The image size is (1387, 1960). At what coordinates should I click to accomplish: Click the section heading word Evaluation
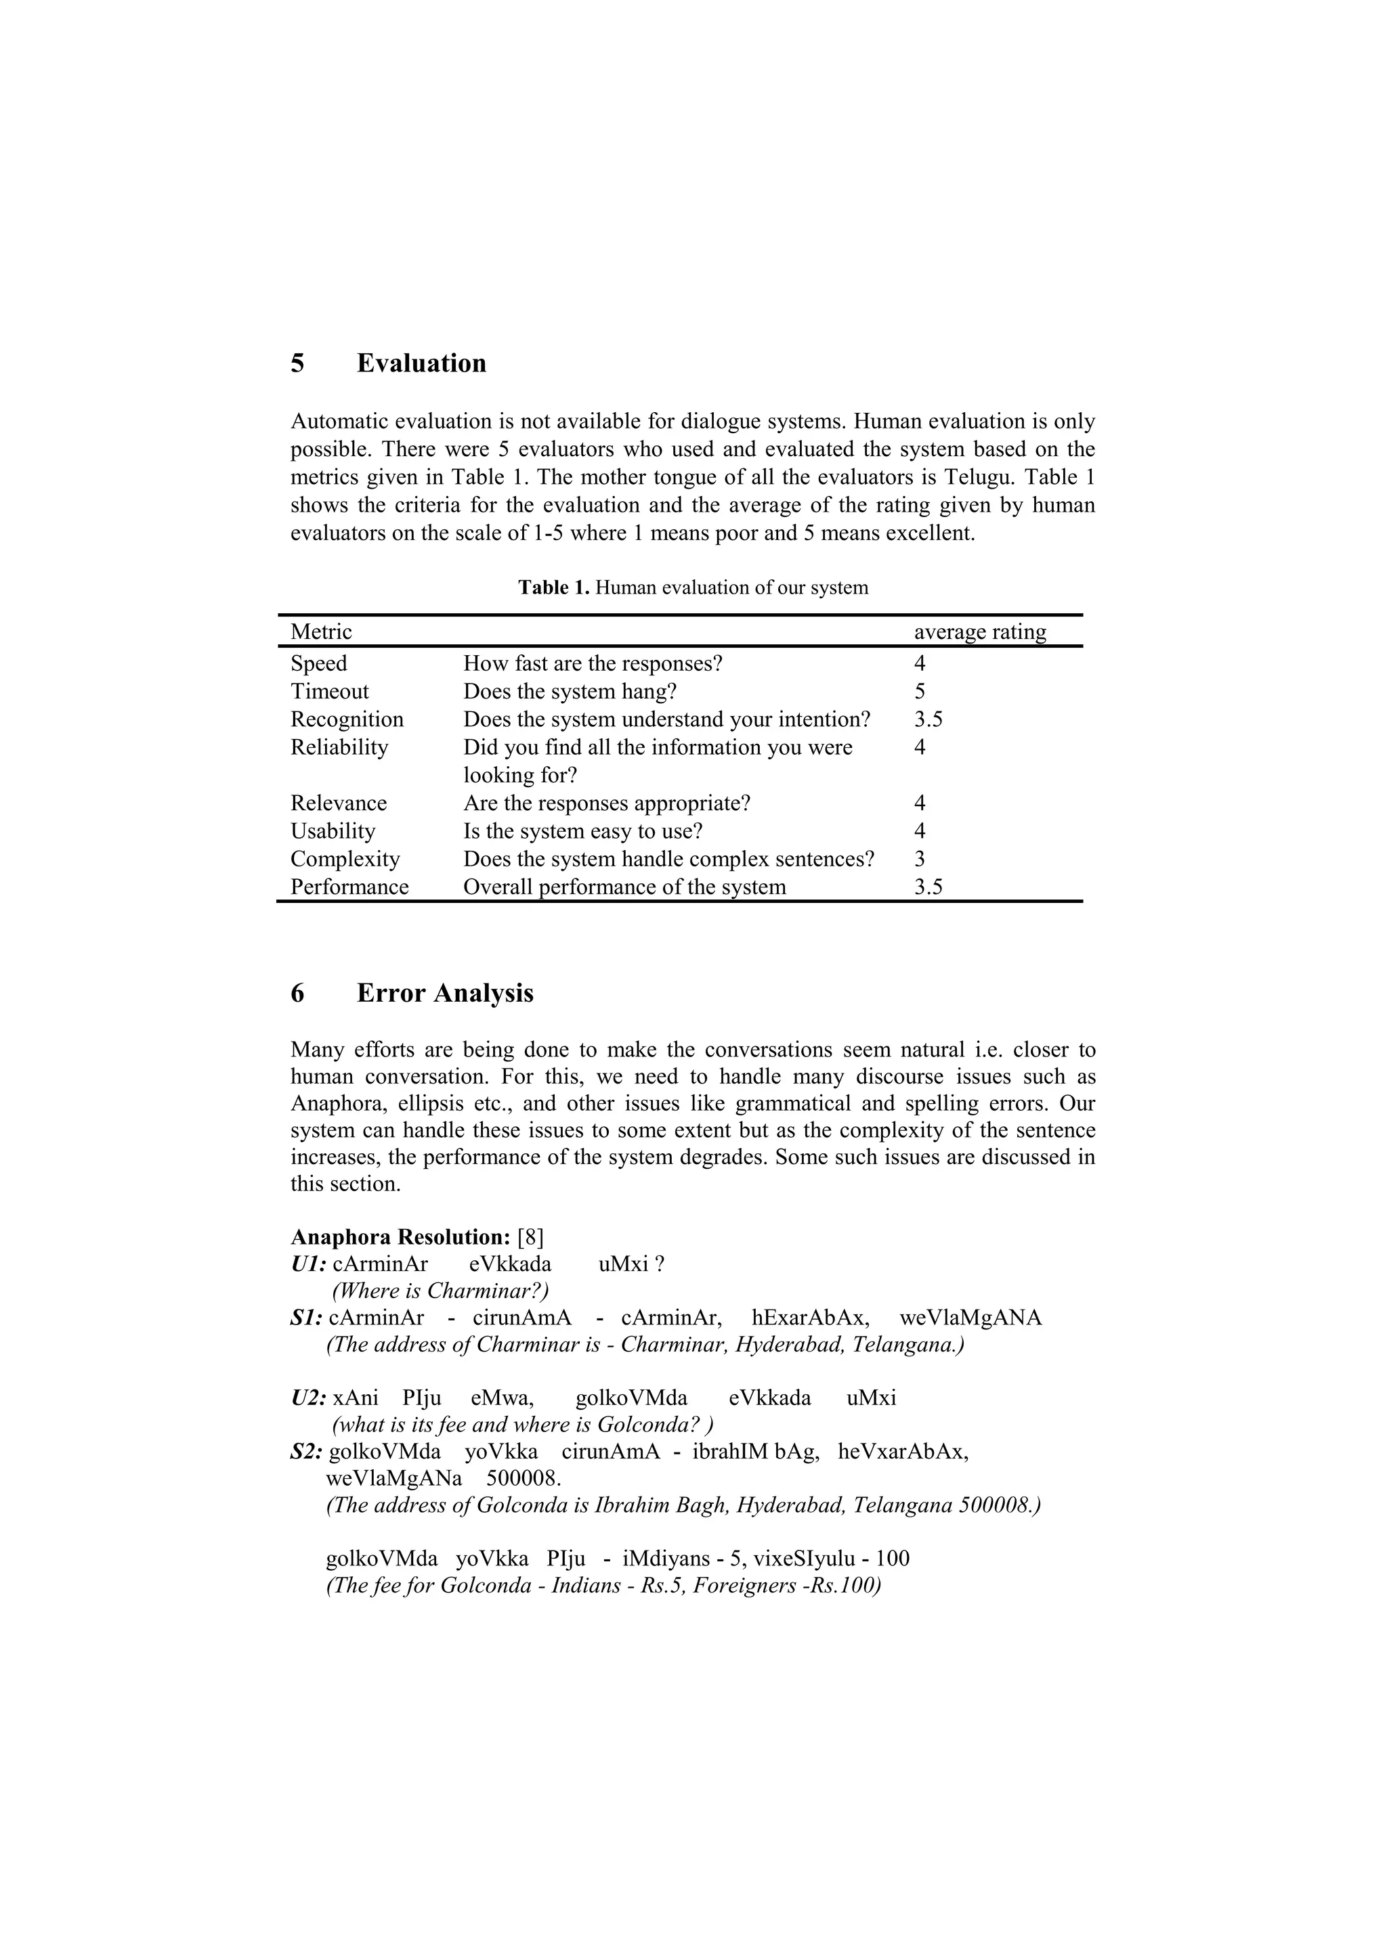pyautogui.click(x=421, y=363)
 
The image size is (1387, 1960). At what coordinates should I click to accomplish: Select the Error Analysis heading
pyautogui.click(x=444, y=993)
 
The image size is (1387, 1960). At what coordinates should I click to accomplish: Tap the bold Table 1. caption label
pyautogui.click(x=553, y=587)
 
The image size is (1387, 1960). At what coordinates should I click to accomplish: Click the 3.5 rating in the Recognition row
pyautogui.click(x=929, y=719)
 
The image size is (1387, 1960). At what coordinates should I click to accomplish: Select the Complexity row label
pyautogui.click(x=345, y=859)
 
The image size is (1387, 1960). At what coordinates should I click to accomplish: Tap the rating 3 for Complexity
pyautogui.click(x=920, y=859)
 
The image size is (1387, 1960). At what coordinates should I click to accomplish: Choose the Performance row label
pyautogui.click(x=349, y=887)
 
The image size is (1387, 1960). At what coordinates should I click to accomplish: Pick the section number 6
pyautogui.click(x=297, y=993)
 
